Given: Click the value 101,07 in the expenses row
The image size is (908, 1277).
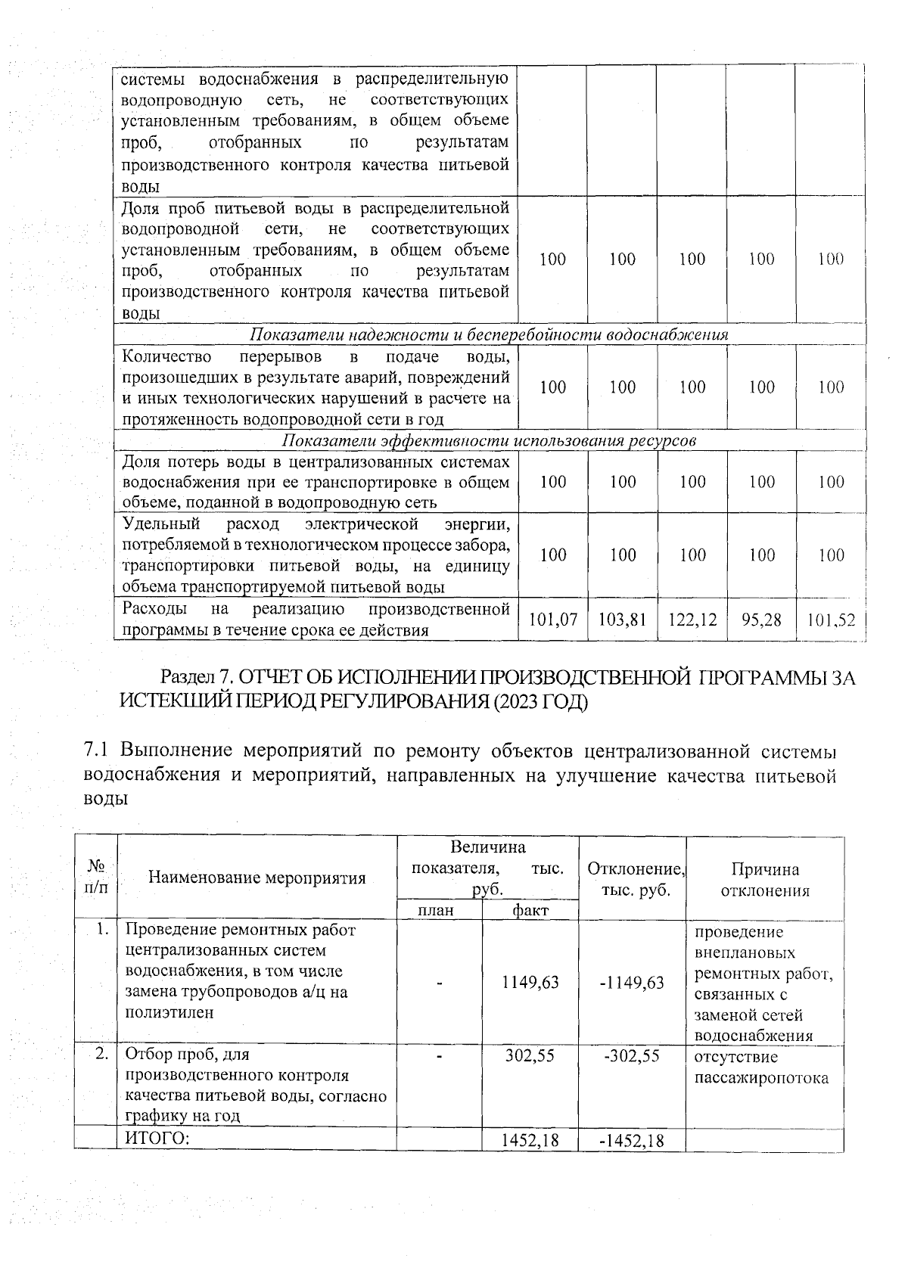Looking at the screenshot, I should [553, 620].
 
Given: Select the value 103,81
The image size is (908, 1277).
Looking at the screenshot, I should [622, 620].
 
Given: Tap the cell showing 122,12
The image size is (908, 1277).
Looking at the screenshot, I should [692, 620].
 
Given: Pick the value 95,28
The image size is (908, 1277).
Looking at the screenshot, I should [761, 620].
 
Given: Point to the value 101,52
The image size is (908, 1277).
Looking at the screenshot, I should [831, 620].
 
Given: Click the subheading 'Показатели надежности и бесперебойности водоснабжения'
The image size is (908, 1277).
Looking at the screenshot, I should [490, 334].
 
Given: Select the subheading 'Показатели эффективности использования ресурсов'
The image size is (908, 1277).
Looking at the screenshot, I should [490, 440].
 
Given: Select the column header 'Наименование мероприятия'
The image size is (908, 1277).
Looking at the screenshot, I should [257, 878].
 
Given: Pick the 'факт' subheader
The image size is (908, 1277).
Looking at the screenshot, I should [530, 910].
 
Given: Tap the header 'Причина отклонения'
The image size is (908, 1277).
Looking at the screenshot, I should [764, 879].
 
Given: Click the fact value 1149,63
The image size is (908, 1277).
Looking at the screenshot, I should [530, 982].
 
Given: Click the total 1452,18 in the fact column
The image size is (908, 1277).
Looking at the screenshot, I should [530, 1140].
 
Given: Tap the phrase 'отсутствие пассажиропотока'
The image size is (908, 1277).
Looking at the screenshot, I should [760, 1067].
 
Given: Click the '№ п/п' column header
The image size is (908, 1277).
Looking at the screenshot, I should [96, 877].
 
